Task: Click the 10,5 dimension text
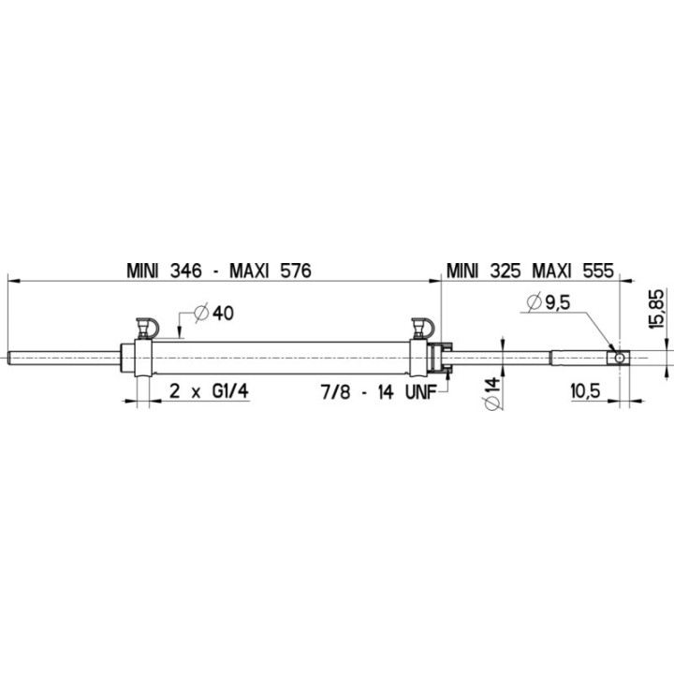click(x=584, y=392)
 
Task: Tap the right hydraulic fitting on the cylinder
click(x=422, y=329)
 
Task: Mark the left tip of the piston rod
click(x=11, y=357)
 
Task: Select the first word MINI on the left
click(x=142, y=271)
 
